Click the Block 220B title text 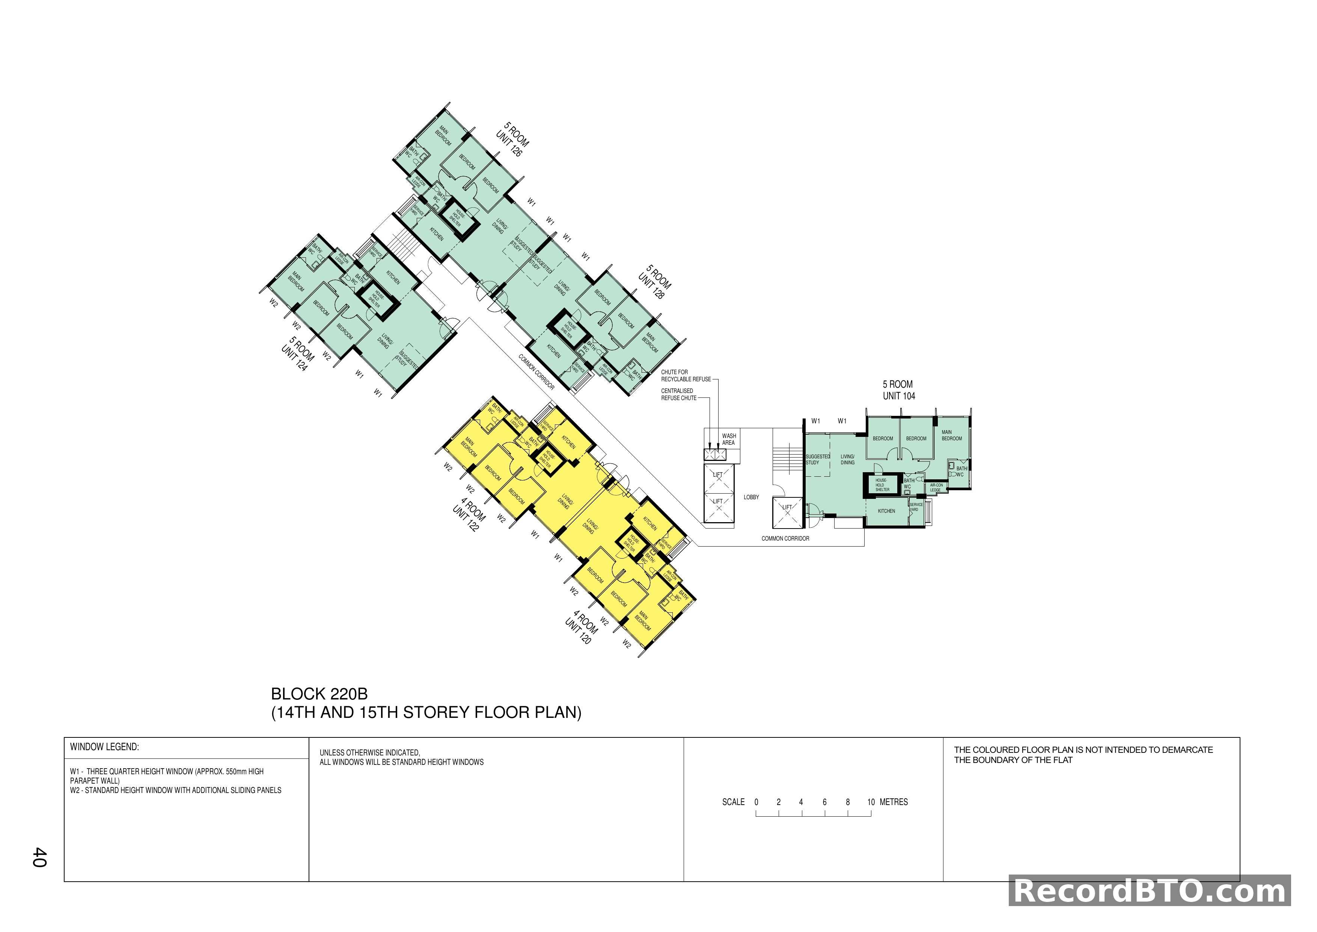tap(319, 694)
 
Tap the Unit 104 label tap(899, 396)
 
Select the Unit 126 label tap(509, 144)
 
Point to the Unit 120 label tap(578, 631)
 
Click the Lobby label tap(751, 497)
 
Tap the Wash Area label tap(728, 439)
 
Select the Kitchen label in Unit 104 tap(886, 511)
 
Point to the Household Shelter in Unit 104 tap(882, 485)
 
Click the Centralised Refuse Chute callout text tap(678, 394)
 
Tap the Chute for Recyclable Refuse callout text tap(686, 375)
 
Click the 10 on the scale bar tap(871, 802)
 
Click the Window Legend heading tap(104, 747)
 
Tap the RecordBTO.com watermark tap(1150, 891)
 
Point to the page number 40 tap(39, 857)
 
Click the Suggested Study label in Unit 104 tap(817, 459)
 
